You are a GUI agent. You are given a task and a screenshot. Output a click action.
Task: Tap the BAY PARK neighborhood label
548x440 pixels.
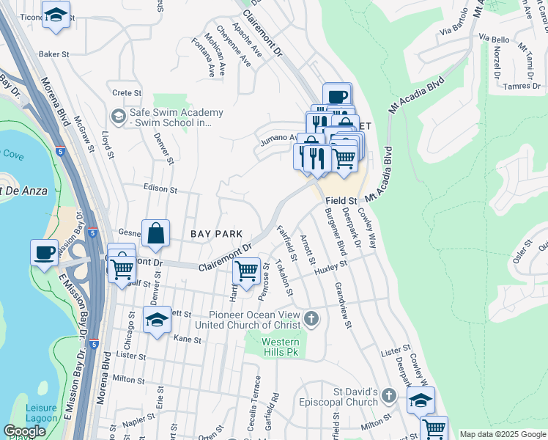click(x=216, y=234)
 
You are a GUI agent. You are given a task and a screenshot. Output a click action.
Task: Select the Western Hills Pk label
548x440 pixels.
click(x=281, y=348)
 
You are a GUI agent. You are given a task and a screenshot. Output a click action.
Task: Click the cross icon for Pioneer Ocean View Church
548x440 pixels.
click(x=312, y=318)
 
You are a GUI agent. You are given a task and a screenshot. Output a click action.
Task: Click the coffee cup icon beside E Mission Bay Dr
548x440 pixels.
click(x=44, y=252)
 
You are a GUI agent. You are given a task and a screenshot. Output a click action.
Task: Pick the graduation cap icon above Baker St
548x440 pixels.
click(x=56, y=15)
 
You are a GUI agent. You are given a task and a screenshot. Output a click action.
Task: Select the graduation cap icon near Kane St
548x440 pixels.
click(x=156, y=320)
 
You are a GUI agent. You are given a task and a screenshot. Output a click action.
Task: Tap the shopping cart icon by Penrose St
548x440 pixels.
click(x=246, y=271)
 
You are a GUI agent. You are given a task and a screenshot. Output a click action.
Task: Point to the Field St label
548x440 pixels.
click(x=341, y=199)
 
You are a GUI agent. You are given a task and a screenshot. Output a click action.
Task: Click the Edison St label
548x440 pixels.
click(x=160, y=189)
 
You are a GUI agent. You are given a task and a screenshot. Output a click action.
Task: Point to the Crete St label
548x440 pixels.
click(x=126, y=93)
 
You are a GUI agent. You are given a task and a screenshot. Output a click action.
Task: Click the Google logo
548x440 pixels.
click(x=25, y=431)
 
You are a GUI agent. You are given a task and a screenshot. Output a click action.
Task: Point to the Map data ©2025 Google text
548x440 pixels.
click(x=502, y=434)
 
